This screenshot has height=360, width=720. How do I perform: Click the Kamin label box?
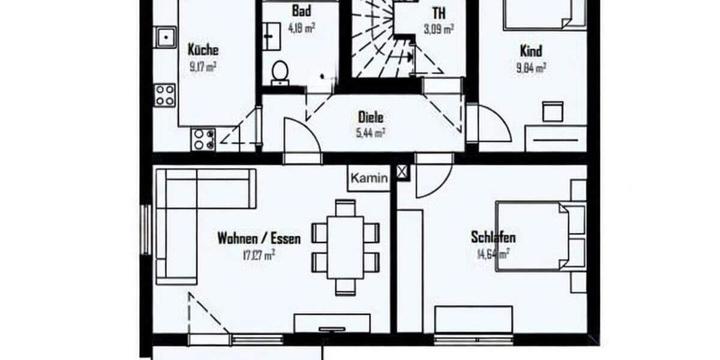pos(369,178)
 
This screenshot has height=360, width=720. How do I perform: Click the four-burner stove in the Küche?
pos(164,95)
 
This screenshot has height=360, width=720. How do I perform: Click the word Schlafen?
pos(493,238)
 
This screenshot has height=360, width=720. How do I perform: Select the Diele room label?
pos(370,117)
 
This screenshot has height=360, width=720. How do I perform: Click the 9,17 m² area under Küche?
pos(203,67)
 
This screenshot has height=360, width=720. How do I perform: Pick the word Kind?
pos(531,52)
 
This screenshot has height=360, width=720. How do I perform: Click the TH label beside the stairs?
pos(439,12)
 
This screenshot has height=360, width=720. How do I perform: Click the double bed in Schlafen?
pos(534,236)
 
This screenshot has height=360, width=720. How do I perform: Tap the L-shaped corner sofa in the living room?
pos(180,210)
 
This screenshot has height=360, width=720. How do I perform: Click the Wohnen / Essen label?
pos(259,238)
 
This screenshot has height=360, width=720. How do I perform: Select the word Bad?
pos(301,11)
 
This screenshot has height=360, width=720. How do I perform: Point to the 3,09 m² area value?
pos(439,28)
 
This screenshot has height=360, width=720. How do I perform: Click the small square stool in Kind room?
pos(552,111)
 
